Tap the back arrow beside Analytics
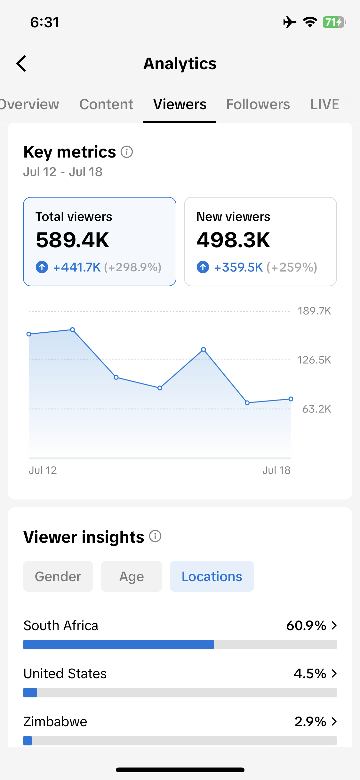pos(21,63)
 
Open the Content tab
pos(106,104)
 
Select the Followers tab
pos(258,104)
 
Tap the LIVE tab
pos(325,104)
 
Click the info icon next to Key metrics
pos(127,152)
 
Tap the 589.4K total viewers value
pos(73,240)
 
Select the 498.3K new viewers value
pos(233,240)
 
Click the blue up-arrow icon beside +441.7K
pos(42,267)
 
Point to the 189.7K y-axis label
pos(314,311)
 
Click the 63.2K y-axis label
pos(316,409)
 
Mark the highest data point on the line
pos(73,329)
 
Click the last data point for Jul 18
pos(291,399)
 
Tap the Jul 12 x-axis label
pos(43,470)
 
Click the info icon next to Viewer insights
pos(155,536)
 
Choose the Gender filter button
pos(58,576)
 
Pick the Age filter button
pos(132,576)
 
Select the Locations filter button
pos(212,576)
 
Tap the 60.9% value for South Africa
pos(306,625)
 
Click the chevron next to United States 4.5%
pos(334,673)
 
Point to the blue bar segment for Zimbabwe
pos(28,741)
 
